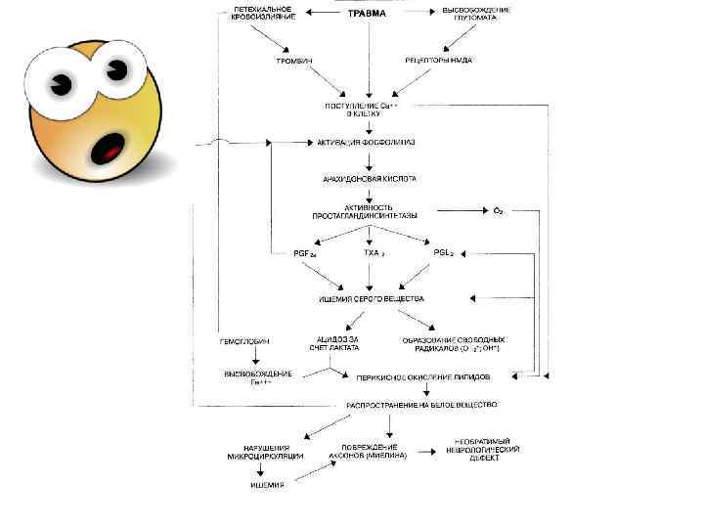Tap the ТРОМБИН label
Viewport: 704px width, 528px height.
(x=292, y=60)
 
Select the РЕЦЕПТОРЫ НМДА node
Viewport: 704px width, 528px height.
(x=439, y=60)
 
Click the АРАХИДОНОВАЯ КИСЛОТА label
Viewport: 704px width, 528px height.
(x=369, y=179)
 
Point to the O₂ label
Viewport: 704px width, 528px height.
(x=498, y=210)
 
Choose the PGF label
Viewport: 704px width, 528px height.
(x=305, y=253)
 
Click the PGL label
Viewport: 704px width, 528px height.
(x=443, y=252)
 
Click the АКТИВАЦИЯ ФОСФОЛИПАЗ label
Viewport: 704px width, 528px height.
(x=366, y=142)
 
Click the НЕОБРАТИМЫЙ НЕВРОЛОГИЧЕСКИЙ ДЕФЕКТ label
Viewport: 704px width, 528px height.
(x=488, y=451)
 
